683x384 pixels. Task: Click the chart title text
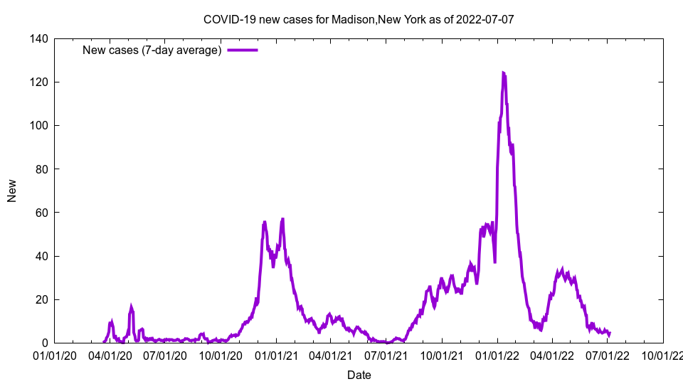pos(359,20)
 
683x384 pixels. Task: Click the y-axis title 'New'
pos(12,191)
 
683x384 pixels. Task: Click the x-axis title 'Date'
pos(359,375)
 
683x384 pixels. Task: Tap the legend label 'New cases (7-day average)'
pos(152,50)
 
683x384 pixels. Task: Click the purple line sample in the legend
pos(242,50)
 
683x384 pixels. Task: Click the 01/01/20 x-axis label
pos(54,355)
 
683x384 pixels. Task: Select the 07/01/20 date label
pos(166,355)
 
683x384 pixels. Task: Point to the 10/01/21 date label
pos(442,355)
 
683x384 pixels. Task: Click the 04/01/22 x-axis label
pos(552,355)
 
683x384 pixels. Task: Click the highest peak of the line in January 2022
pos(503,73)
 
